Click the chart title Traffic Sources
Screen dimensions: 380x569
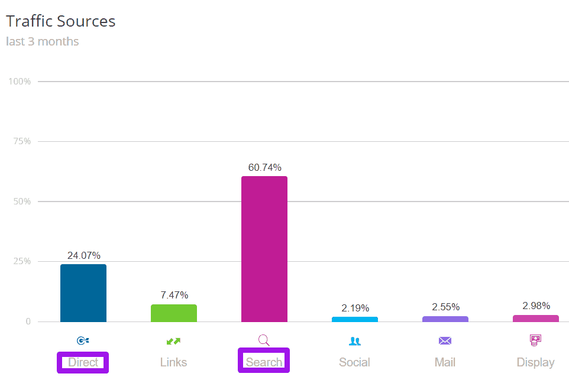pyautogui.click(x=60, y=21)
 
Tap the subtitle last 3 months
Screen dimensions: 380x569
pyautogui.click(x=42, y=41)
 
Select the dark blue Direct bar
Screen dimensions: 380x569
pyautogui.click(x=83, y=293)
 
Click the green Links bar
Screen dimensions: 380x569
pyautogui.click(x=174, y=313)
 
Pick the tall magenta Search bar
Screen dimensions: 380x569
pyautogui.click(x=264, y=249)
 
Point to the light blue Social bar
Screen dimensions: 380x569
pyautogui.click(x=355, y=319)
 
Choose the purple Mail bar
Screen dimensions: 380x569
pyautogui.click(x=445, y=319)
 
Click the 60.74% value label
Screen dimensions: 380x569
pyautogui.click(x=264, y=167)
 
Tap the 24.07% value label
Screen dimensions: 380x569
pyautogui.click(x=83, y=255)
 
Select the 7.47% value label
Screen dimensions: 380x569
pyautogui.click(x=174, y=295)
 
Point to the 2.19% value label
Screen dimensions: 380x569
pyautogui.click(x=355, y=308)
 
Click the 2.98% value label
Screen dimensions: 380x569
pyautogui.click(x=536, y=306)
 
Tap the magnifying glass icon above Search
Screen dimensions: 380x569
pyautogui.click(x=264, y=340)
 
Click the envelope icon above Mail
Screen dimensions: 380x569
pyautogui.click(x=445, y=341)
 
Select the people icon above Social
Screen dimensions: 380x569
pyautogui.click(x=355, y=341)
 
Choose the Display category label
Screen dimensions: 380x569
pyautogui.click(x=536, y=362)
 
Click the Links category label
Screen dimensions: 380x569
pyautogui.click(x=174, y=362)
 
